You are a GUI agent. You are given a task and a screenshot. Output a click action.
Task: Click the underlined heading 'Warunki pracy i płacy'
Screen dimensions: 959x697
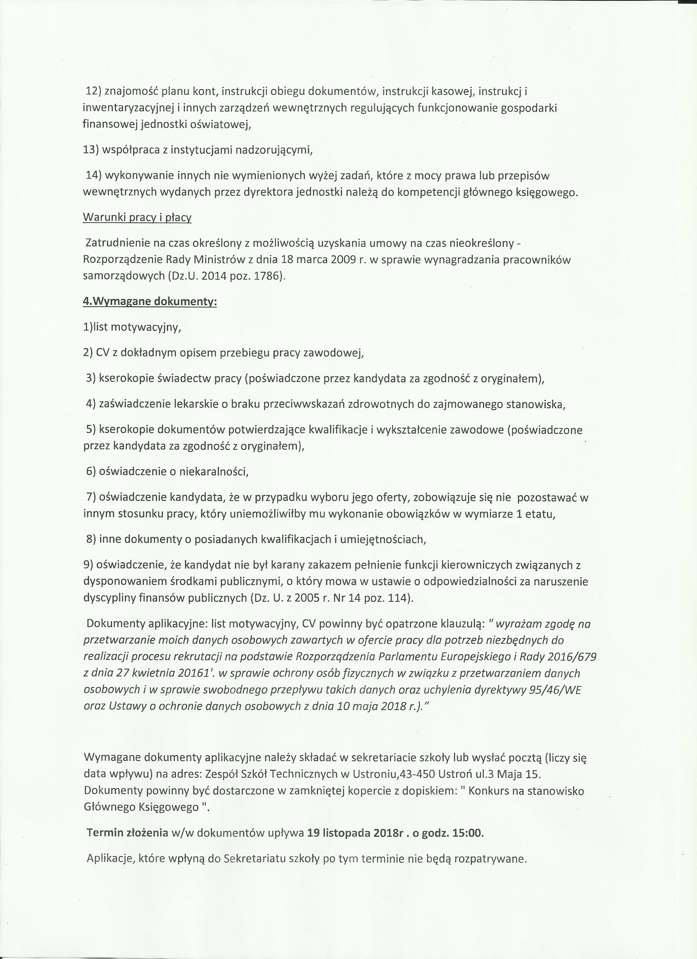click(137, 218)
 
